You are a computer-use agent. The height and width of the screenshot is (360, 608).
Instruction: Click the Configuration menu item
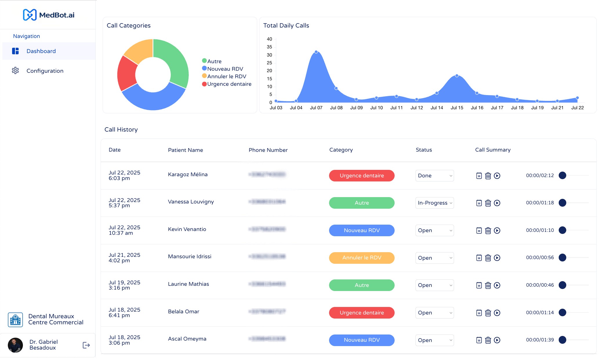point(45,71)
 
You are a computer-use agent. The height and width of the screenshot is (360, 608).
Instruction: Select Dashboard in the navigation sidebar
point(41,51)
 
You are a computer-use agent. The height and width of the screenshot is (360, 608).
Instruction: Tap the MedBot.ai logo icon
point(30,15)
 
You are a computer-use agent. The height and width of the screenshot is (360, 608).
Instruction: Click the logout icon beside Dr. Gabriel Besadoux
point(86,345)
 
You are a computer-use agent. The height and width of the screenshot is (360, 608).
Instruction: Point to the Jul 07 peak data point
point(316,52)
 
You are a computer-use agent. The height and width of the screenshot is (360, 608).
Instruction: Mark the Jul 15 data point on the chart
point(457,76)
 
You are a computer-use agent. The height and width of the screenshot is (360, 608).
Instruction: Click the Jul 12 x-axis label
point(416,108)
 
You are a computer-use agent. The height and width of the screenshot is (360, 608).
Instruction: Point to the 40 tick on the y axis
point(269,39)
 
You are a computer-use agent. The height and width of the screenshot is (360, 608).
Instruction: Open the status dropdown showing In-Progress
point(434,203)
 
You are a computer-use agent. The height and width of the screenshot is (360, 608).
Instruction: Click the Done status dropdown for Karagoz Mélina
point(434,176)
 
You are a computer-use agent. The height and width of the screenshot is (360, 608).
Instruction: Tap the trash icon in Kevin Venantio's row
point(488,230)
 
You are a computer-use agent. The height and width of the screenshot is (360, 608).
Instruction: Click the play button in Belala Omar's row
point(497,313)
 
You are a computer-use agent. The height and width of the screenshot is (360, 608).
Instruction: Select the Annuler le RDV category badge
point(362,258)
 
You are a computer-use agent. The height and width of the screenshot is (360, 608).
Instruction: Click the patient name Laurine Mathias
point(188,284)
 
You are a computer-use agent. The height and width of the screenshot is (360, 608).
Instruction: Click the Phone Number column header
point(268,150)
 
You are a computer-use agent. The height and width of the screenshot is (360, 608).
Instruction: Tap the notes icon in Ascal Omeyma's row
point(479,340)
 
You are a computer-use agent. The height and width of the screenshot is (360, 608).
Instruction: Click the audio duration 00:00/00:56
point(540,257)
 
